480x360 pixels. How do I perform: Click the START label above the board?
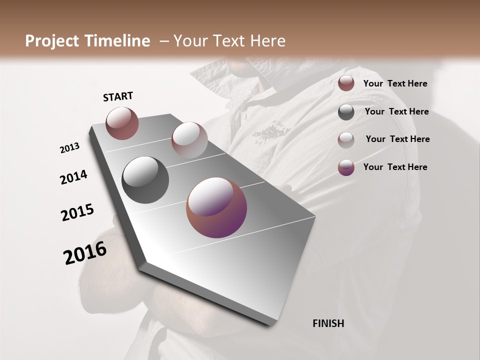(118, 96)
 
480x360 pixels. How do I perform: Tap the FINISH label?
(328, 323)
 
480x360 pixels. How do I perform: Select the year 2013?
(69, 148)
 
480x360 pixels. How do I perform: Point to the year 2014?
(73, 177)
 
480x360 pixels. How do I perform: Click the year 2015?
(77, 212)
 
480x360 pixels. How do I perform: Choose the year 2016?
(85, 252)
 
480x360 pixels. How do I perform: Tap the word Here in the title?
(267, 41)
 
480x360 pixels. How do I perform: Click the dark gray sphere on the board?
(145, 180)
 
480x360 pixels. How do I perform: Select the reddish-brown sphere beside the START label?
(122, 123)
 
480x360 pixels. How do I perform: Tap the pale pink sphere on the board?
(189, 139)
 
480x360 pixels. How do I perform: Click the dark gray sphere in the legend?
(346, 112)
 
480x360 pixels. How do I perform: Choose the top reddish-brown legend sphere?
(346, 83)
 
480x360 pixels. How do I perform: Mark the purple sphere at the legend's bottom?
(346, 167)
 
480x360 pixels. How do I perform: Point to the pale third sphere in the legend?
(346, 139)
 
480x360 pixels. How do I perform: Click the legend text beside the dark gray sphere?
(396, 111)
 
